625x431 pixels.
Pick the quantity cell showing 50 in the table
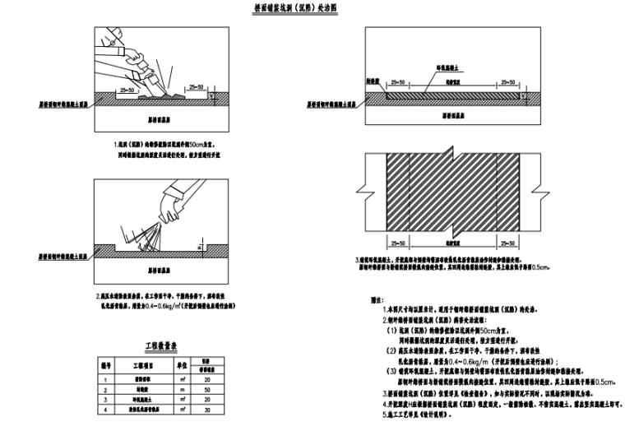211,389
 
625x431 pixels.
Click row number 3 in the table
107,399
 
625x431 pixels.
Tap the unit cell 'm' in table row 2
185,389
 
